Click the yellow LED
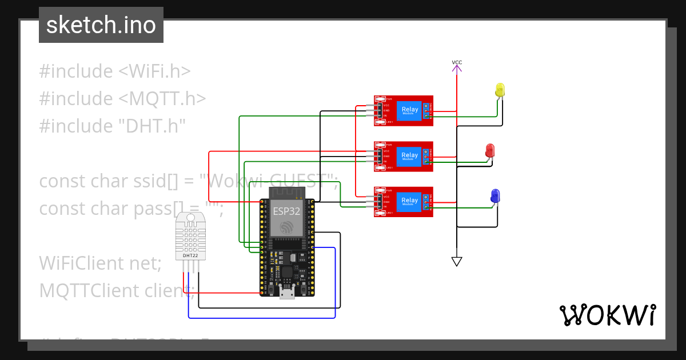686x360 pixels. coord(500,90)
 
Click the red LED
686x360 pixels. coord(490,151)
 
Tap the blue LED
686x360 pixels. coord(495,196)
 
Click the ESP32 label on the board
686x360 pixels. coord(286,210)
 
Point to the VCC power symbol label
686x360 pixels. coord(457,62)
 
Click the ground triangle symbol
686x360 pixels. coord(456,261)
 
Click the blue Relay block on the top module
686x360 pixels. coord(409,110)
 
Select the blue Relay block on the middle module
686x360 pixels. coord(409,155)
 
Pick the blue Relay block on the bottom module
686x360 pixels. coord(409,201)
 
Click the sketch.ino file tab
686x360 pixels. coord(101,25)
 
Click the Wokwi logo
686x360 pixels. coord(608,315)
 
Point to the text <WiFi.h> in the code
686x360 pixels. coord(154,71)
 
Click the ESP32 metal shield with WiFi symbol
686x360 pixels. coord(286,219)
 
